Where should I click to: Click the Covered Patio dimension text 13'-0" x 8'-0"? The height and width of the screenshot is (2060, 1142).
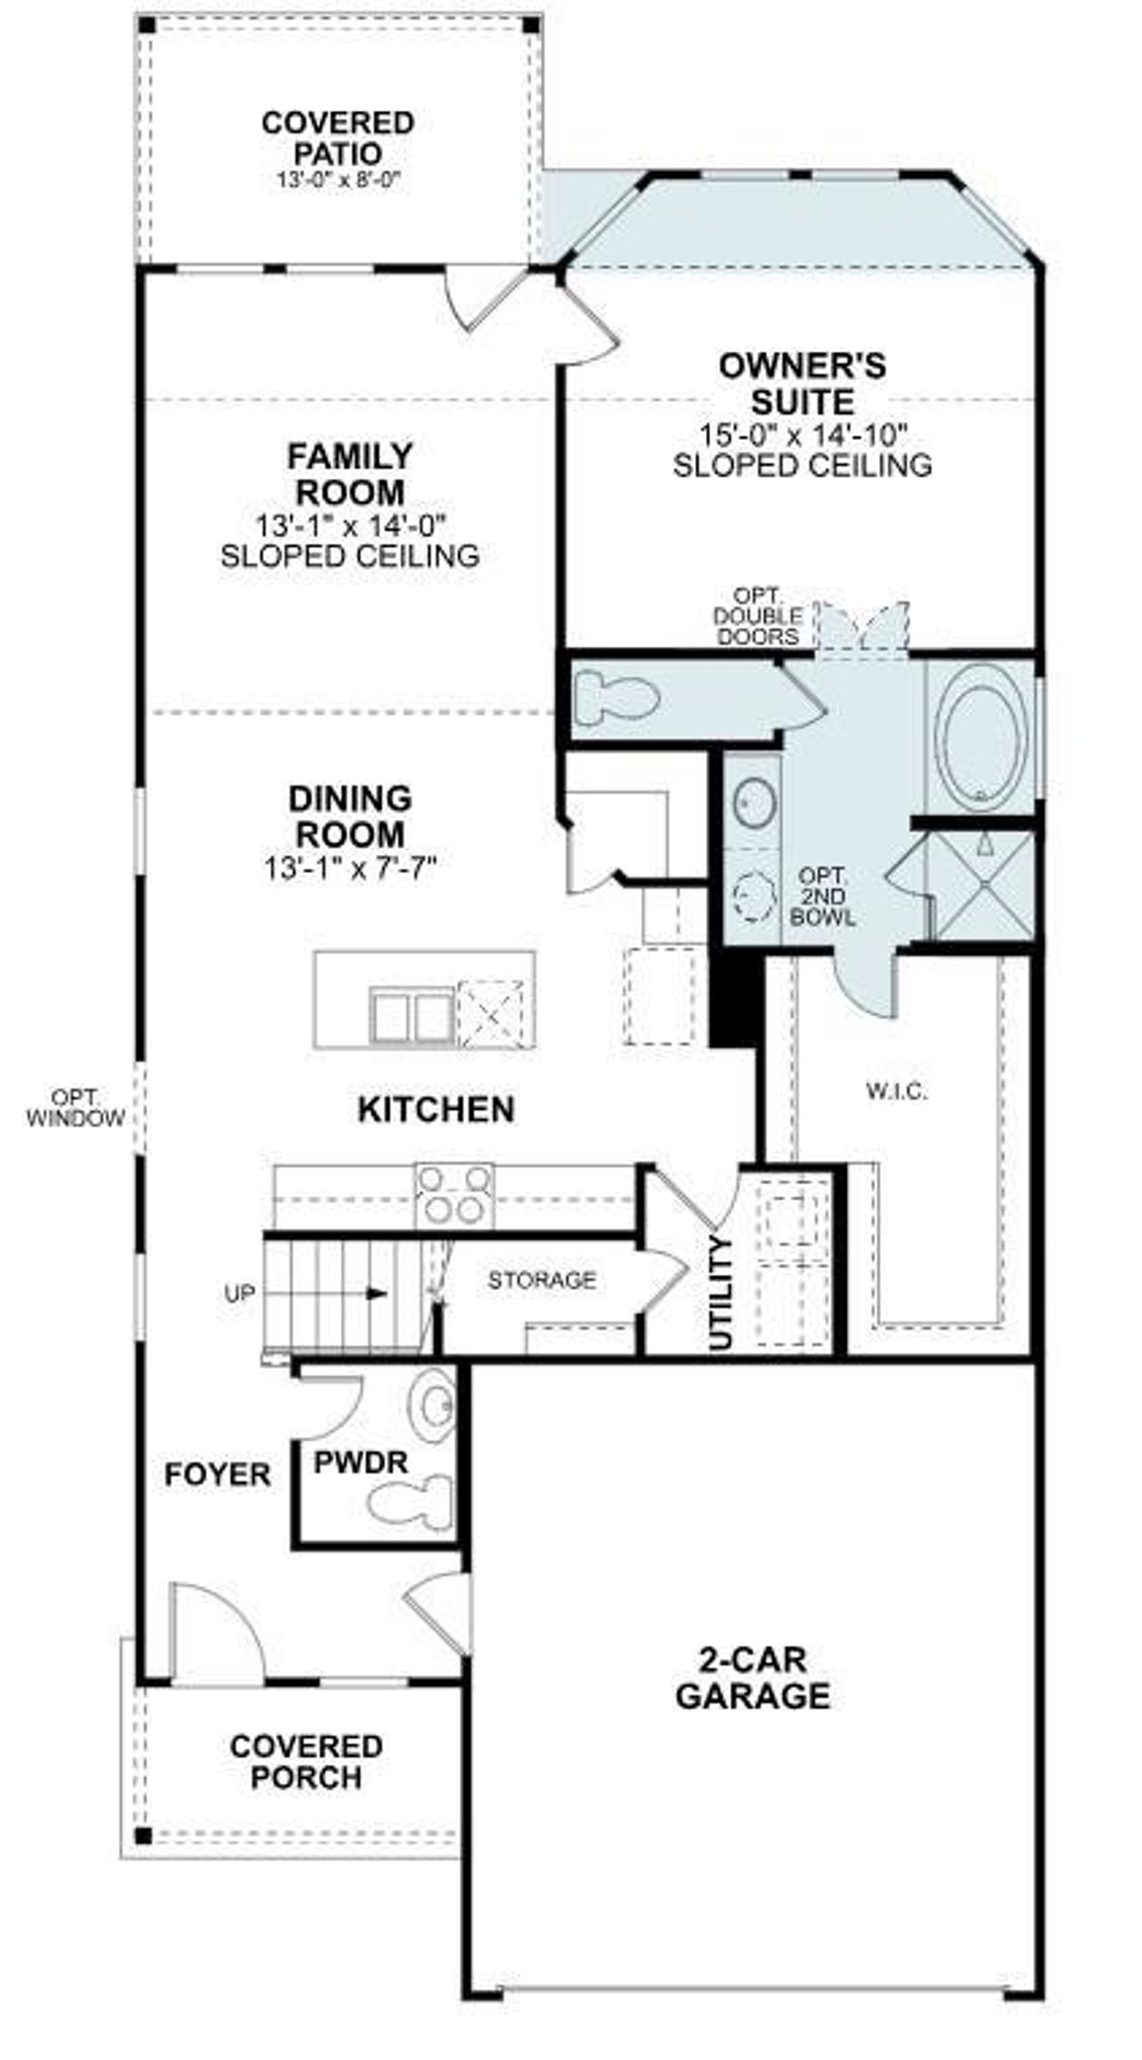tap(337, 179)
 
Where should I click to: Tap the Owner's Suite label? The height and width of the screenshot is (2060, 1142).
tap(802, 383)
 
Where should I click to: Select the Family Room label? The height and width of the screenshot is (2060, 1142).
tap(350, 474)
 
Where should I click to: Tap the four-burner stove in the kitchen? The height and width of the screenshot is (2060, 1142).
tap(454, 1195)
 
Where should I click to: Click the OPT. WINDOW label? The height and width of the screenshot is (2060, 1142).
tap(75, 1108)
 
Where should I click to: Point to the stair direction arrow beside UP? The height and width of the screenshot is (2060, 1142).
tap(377, 1293)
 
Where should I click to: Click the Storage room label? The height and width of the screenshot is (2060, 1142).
tap(542, 1281)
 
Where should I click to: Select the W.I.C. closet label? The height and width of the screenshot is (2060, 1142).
tap(897, 1091)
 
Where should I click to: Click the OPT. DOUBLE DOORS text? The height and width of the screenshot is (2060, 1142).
tap(757, 616)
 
